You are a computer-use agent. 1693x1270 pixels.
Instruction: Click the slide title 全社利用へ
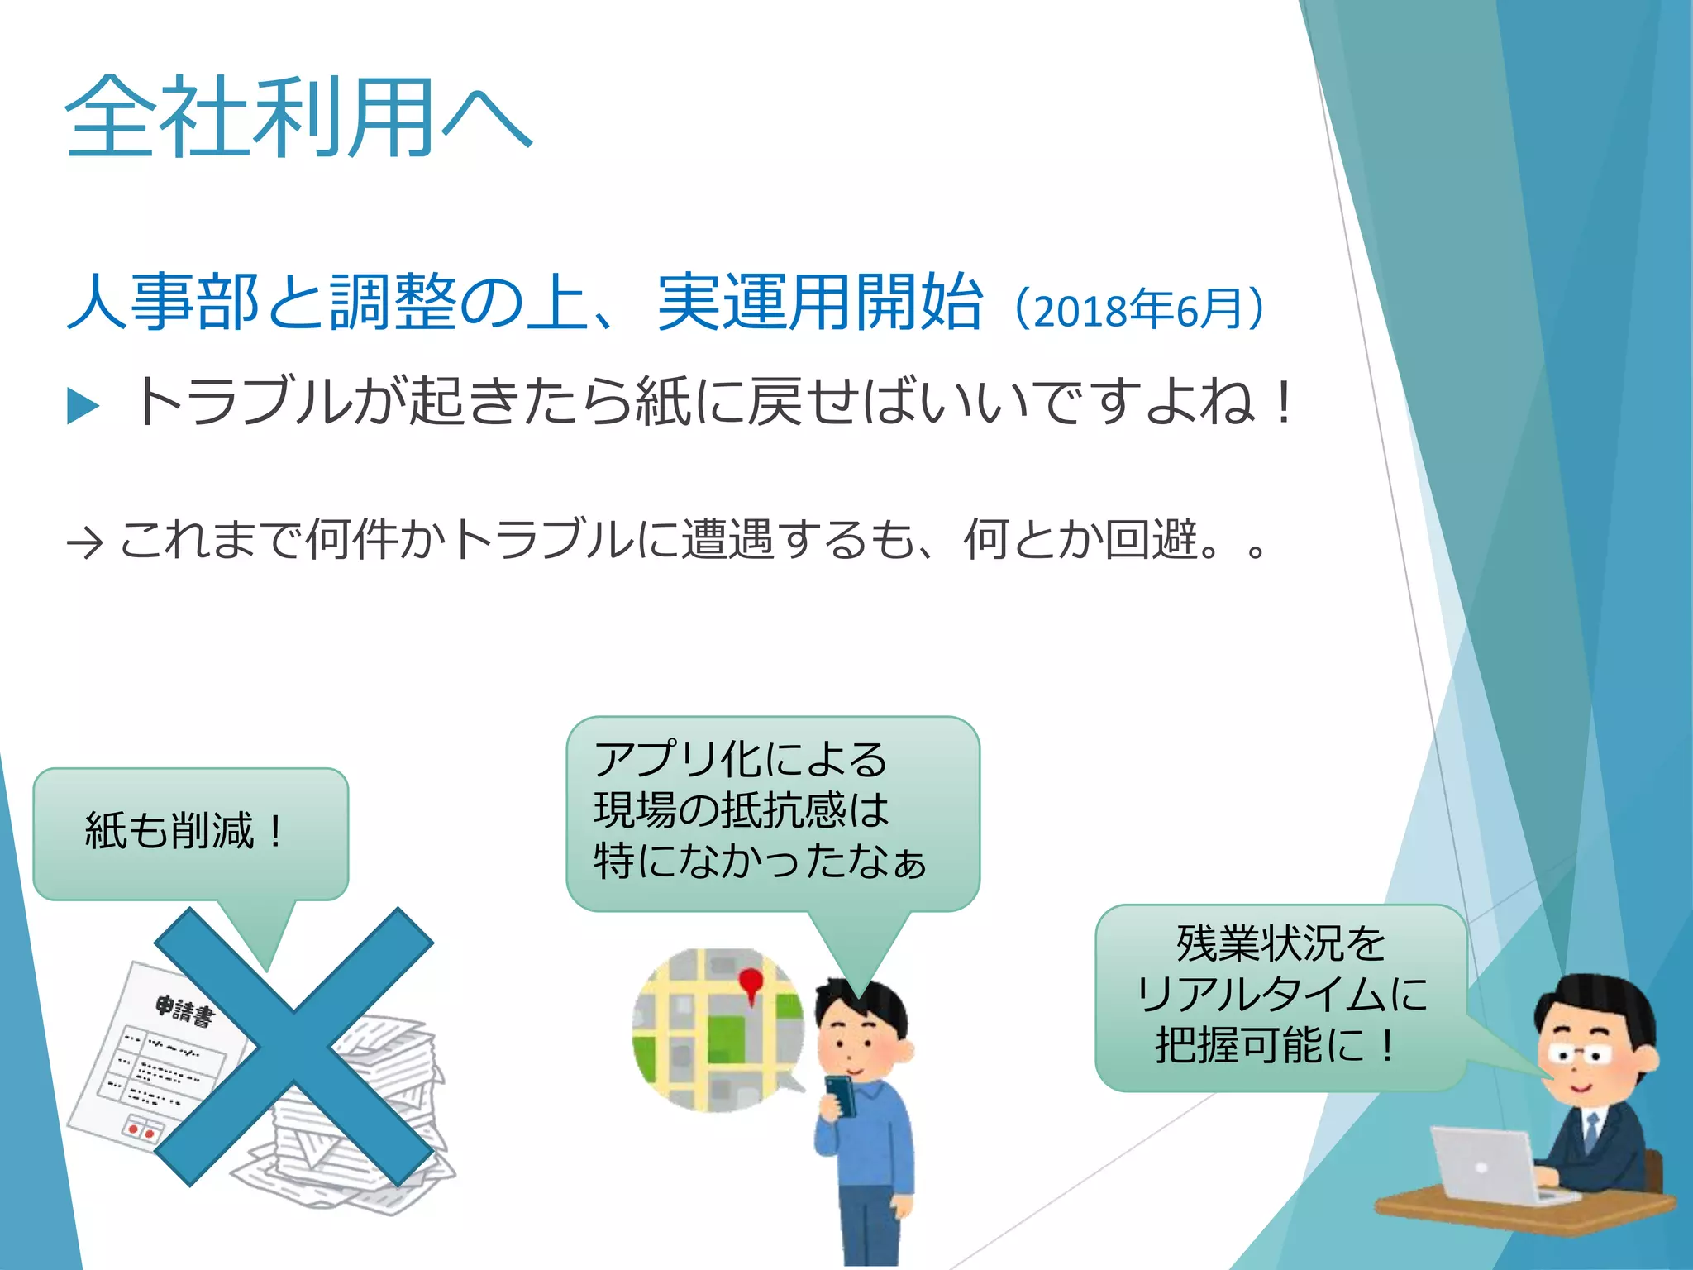tap(298, 117)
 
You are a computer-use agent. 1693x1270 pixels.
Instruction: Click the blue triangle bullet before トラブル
tap(83, 406)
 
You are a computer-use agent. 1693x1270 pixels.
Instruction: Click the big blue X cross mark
tap(294, 1047)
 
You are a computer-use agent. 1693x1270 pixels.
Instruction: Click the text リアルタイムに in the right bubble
tap(1281, 995)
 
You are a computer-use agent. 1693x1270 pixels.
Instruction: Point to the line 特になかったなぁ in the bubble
tap(759, 862)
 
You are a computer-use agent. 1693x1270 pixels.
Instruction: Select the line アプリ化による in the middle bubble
tap(741, 759)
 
